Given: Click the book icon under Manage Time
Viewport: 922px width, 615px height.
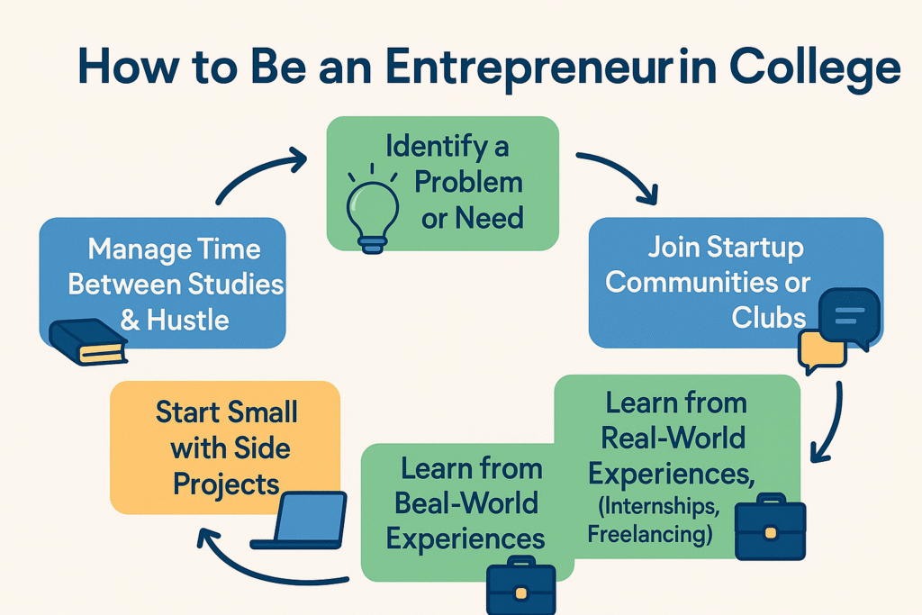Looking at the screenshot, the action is (88, 341).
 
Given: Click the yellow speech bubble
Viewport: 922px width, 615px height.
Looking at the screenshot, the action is (821, 351).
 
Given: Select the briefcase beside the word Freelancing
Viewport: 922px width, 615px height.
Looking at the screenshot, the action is (771, 527).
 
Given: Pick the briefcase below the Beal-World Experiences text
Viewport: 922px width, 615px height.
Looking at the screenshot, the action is (521, 585).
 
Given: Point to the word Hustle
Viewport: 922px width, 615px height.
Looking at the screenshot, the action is (187, 321).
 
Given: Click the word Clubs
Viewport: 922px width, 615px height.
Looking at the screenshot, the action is (769, 318).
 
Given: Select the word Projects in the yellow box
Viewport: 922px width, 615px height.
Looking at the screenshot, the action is (226, 485).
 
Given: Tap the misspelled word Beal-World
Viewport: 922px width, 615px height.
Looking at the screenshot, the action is (466, 503).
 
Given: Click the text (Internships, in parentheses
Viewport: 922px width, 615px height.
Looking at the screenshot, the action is (658, 507).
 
